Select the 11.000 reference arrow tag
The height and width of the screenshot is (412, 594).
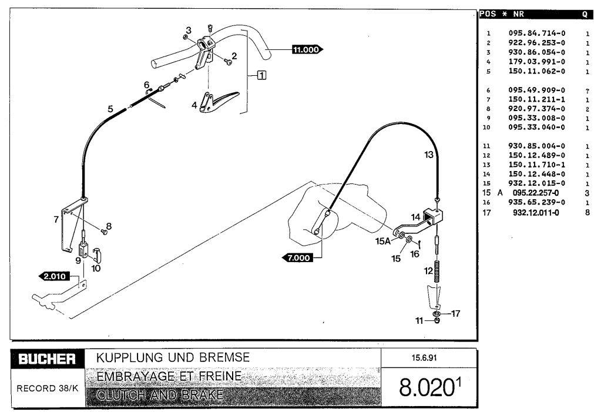pos(307,49)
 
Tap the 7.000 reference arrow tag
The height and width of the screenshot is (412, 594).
pos(298,258)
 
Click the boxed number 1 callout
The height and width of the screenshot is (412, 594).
pos(262,75)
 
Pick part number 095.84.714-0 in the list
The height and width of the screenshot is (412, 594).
pos(536,34)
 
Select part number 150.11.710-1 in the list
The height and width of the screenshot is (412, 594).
pos(536,165)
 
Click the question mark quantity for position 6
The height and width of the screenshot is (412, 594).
pos(587,91)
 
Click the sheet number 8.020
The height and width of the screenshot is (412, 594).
pos(426,388)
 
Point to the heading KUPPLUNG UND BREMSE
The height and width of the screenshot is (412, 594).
pos(173,357)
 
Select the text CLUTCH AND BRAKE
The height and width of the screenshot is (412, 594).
pos(160,395)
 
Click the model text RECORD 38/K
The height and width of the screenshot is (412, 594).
pos(48,388)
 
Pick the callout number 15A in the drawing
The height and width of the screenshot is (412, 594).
pos(382,241)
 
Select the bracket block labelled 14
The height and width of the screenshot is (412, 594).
pos(434,217)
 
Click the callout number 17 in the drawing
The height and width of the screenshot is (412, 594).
pos(455,313)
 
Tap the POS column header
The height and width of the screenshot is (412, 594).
pos(488,14)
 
